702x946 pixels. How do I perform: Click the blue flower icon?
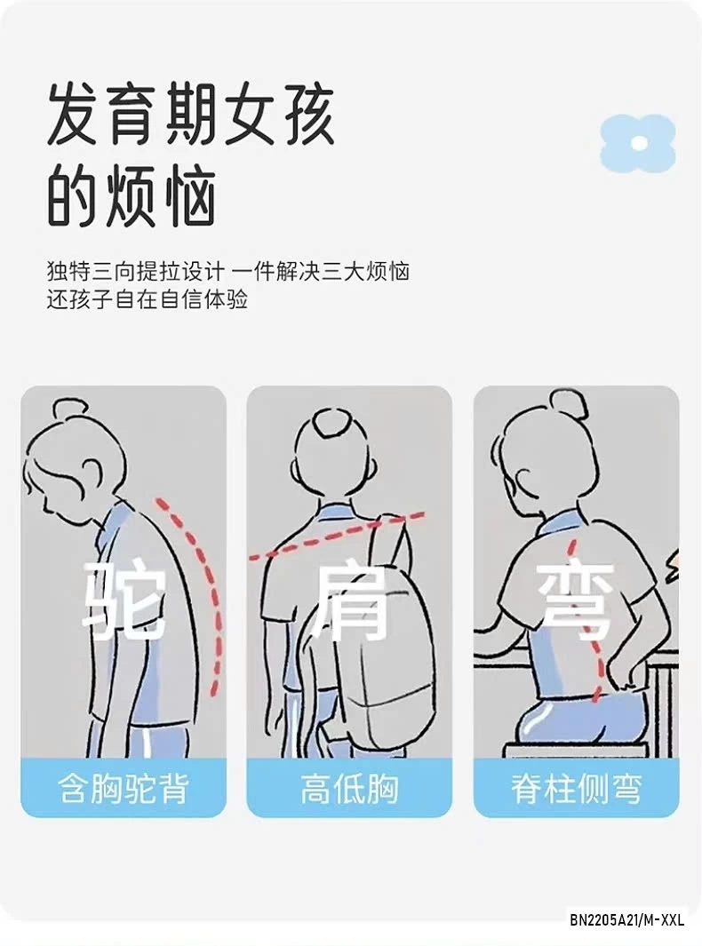click(637, 143)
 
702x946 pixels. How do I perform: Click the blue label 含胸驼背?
click(124, 788)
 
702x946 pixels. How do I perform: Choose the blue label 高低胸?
click(348, 788)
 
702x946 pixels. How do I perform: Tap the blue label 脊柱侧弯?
click(576, 788)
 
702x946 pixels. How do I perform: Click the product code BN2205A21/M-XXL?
click(627, 919)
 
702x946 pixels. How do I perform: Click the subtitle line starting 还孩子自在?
click(147, 299)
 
